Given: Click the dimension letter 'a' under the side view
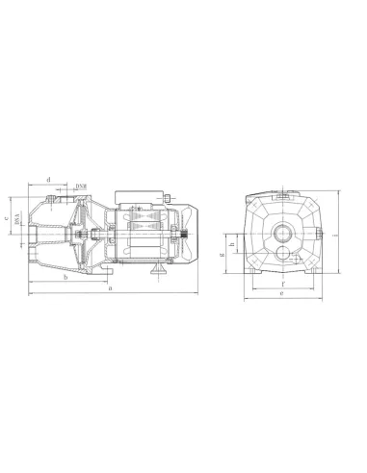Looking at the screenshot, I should point(111,287).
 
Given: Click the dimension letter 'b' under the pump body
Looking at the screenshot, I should point(65,277).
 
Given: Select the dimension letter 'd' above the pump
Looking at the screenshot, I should point(49,179).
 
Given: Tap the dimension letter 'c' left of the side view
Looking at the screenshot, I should point(7,217).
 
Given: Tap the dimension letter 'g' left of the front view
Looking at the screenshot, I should point(223,256).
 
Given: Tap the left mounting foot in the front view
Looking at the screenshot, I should point(252,279).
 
